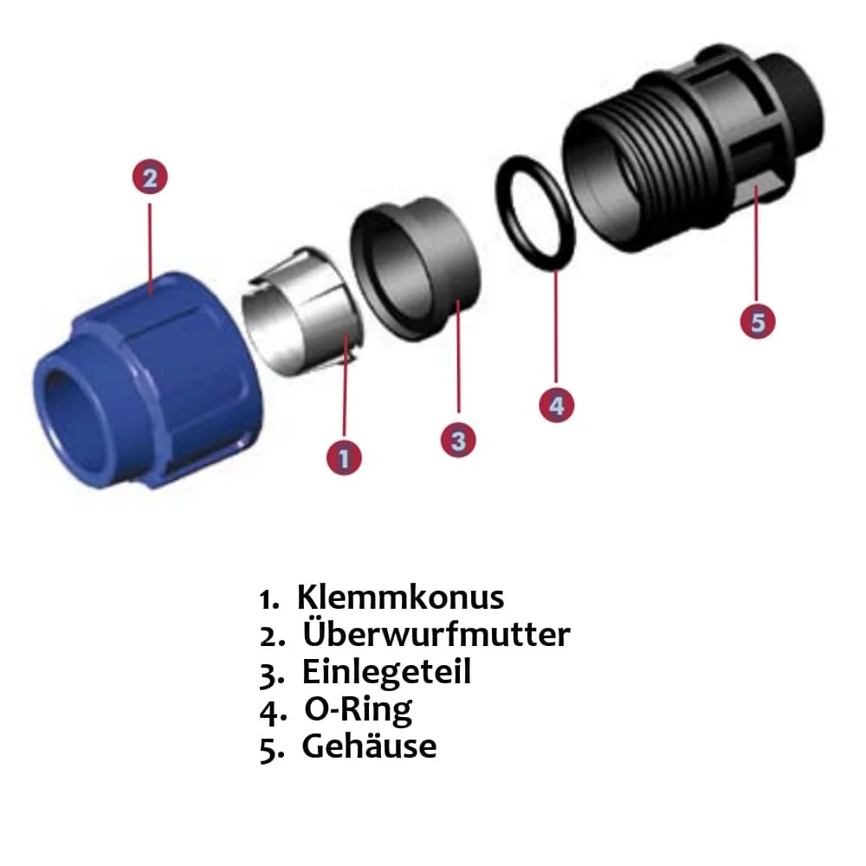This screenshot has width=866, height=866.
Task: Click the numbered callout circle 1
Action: coord(344,456)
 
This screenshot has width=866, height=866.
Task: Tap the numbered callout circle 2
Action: coord(150,178)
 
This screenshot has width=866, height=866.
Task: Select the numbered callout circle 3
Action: coord(458,440)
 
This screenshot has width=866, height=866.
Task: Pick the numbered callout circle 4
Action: coord(556,405)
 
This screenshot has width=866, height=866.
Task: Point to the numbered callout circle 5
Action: coord(758,321)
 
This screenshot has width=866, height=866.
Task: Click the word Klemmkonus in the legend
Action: coord(400,598)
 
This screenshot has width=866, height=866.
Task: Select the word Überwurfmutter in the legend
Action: coord(436,635)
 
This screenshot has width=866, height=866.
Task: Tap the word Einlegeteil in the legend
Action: coord(386,672)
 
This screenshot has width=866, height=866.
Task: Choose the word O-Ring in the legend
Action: coord(358,709)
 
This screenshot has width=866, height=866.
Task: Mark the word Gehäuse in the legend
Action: coord(369,746)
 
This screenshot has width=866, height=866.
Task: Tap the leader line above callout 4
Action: coord(555,329)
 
